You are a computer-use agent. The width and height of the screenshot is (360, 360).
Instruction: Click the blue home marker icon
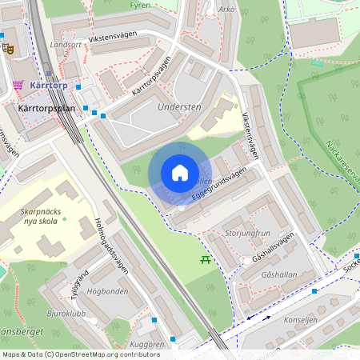point(180,173)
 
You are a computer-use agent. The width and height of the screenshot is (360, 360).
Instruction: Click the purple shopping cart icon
point(18,85)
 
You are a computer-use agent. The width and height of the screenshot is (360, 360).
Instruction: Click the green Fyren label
point(139,5)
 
